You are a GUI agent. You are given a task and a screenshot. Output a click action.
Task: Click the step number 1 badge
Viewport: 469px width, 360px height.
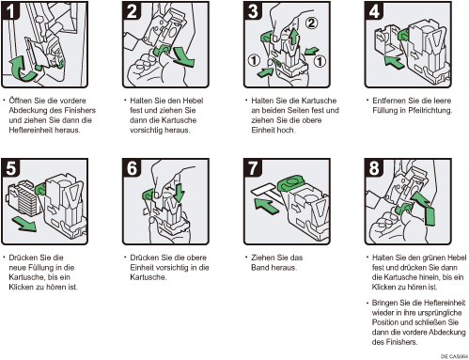(10, 10)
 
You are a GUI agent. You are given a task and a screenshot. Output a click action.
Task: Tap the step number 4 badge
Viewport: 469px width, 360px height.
(373, 10)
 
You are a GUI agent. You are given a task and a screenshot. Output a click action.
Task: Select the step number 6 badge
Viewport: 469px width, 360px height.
(132, 167)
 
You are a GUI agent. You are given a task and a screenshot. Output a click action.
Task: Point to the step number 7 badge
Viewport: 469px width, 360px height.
(253, 167)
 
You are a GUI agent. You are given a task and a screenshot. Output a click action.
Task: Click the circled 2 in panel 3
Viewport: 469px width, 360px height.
(311, 23)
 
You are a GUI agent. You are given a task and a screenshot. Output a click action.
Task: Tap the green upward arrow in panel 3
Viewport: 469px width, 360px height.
(293, 36)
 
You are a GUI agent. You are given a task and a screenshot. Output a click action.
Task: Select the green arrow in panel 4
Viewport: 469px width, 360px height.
(394, 61)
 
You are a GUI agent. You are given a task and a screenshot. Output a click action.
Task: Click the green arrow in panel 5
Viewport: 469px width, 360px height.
(24, 225)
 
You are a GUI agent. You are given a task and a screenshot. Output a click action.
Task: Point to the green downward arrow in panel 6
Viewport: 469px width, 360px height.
(179, 193)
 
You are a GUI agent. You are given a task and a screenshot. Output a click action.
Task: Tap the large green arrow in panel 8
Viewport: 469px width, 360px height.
(425, 208)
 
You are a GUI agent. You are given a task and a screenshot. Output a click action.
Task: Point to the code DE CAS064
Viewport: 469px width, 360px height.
(454, 356)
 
